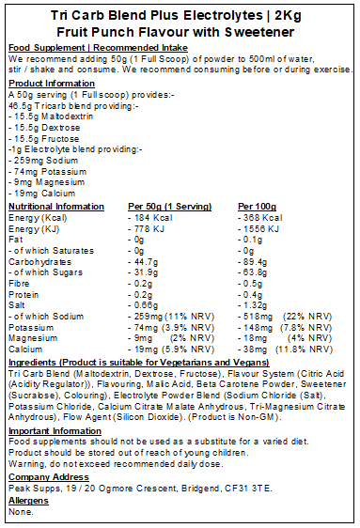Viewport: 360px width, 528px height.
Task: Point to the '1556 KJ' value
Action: pos(259,229)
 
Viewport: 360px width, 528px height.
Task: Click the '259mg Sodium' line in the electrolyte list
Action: pos(38,162)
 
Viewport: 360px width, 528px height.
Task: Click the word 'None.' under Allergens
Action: pos(19,513)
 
